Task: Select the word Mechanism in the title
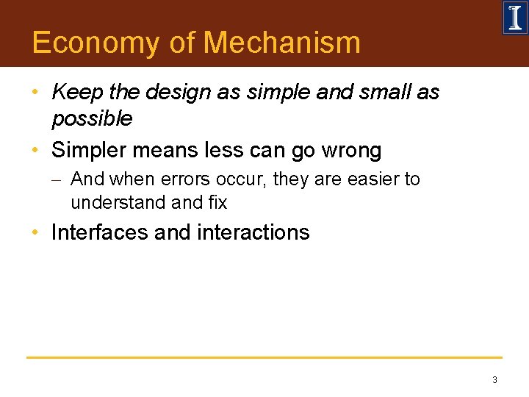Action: pyautogui.click(x=282, y=43)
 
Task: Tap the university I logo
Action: pyautogui.click(x=514, y=18)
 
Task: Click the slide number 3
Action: pyautogui.click(x=494, y=380)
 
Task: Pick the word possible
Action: pyautogui.click(x=92, y=118)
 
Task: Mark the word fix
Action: pyautogui.click(x=217, y=202)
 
